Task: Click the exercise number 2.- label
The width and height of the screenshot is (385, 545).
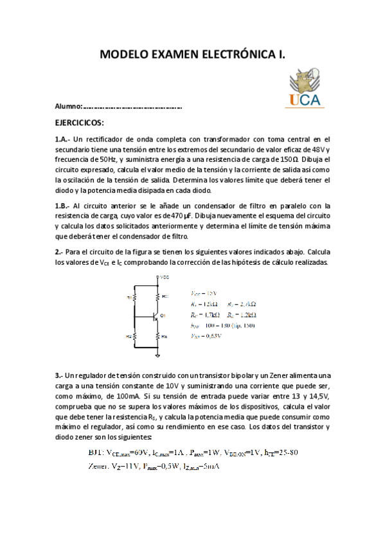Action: click(x=59, y=252)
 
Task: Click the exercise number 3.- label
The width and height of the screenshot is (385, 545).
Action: click(x=59, y=375)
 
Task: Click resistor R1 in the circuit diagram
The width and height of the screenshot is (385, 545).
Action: click(x=132, y=297)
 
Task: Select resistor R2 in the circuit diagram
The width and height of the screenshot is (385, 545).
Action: click(x=132, y=335)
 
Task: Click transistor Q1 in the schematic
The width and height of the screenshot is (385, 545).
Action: click(x=157, y=316)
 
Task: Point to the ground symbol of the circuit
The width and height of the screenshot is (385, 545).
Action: click(x=158, y=354)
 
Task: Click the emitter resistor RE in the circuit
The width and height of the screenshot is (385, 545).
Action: click(x=159, y=335)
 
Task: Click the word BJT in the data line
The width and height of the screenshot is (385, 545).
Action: click(x=96, y=452)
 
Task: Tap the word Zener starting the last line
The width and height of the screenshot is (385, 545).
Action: click(x=99, y=466)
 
